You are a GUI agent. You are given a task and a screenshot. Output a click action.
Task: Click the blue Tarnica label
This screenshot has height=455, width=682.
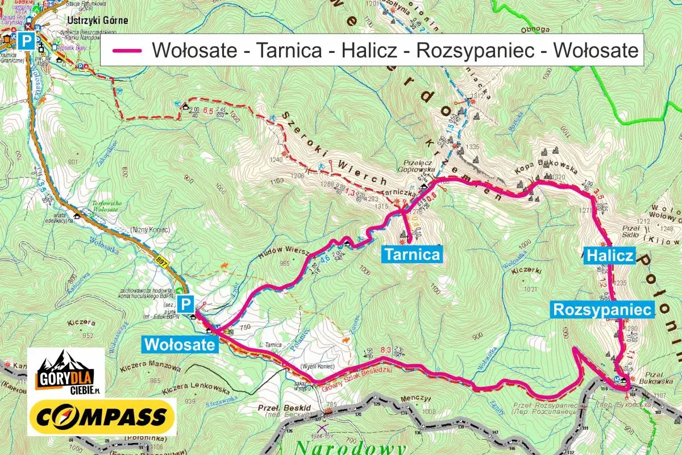click(x=412, y=254)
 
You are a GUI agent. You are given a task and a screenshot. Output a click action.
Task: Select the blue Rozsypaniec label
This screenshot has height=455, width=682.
click(x=602, y=309)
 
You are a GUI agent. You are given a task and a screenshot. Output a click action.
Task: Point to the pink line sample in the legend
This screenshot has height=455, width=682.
click(x=127, y=51)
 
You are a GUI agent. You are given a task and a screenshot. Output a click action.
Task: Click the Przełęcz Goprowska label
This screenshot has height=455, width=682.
click(x=420, y=166)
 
